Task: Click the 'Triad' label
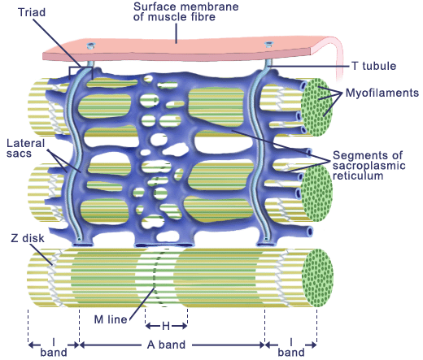pos(32,12)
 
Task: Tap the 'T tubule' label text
pos(373,66)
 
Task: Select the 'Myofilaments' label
pos(382,93)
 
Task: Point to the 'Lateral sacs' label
pos(25,148)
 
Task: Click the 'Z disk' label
pos(28,238)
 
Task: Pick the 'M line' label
pos(111,319)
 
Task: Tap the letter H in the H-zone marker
pos(166,326)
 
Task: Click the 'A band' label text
pos(167,345)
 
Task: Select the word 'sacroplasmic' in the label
pos(369,166)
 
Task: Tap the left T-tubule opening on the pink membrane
pos(90,46)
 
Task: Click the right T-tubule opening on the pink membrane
pos(268,44)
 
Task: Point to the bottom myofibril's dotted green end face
pos(317,278)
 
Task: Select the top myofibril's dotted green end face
pos(316,107)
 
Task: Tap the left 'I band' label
pos(54,347)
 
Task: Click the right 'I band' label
pos(291,347)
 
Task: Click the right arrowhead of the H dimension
pos(185,326)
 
